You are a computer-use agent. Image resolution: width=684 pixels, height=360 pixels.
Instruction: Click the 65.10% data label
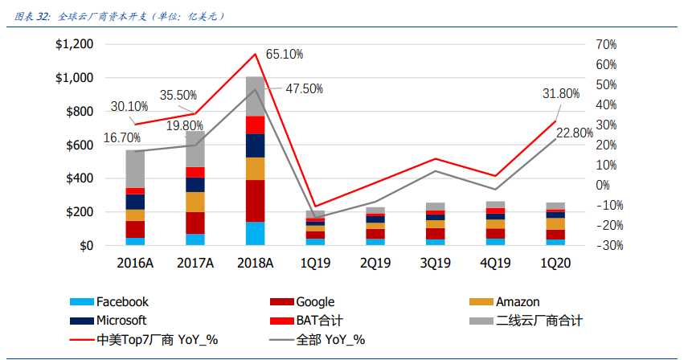pyautogui.click(x=284, y=55)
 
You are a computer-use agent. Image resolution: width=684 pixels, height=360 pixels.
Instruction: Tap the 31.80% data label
pyautogui.click(x=561, y=94)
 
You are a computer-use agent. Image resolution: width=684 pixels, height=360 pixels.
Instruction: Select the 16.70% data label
pyautogui.click(x=122, y=138)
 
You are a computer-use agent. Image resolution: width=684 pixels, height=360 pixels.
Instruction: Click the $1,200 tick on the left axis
pyautogui.click(x=74, y=45)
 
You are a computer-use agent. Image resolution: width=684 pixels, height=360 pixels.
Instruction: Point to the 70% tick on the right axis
pyautogui.click(x=605, y=45)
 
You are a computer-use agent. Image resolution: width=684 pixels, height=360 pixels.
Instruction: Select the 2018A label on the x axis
pyautogui.click(x=255, y=263)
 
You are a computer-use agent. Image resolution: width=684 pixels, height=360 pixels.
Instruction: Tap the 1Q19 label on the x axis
pyautogui.click(x=316, y=263)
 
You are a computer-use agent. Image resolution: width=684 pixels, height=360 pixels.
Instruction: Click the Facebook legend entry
pyautogui.click(x=122, y=302)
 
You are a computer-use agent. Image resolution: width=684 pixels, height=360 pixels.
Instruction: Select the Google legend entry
pyautogui.click(x=314, y=302)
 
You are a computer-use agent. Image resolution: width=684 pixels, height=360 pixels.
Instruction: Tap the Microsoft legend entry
pyautogui.click(x=123, y=321)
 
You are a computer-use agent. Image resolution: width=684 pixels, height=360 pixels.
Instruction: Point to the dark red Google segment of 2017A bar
pyautogui.click(x=195, y=223)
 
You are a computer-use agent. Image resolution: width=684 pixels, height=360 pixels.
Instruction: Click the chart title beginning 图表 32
pyautogui.click(x=121, y=15)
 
